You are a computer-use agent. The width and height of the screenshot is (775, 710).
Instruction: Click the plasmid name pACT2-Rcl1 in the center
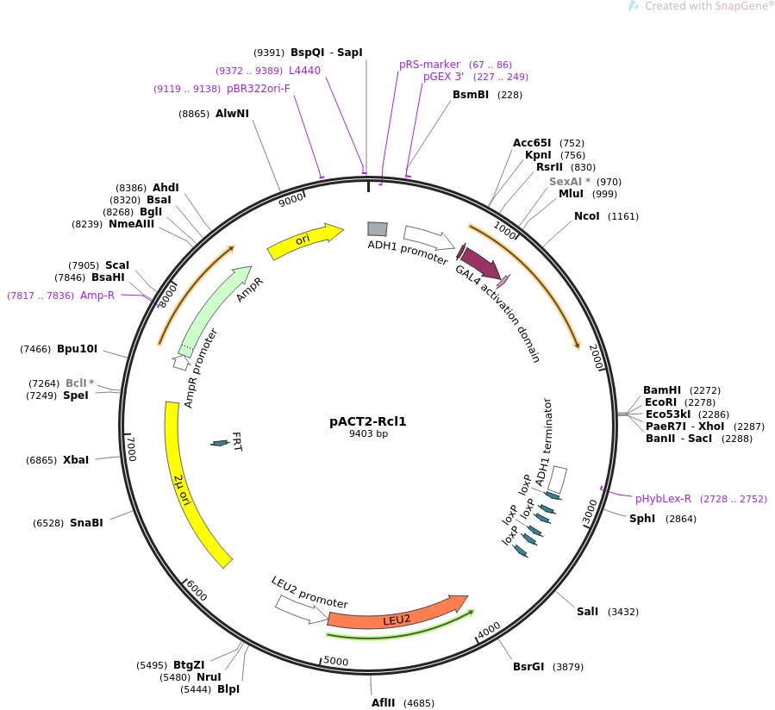click(368, 421)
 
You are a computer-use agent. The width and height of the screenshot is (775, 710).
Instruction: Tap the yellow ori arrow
click(304, 240)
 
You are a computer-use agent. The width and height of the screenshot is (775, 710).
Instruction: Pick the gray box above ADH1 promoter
click(377, 228)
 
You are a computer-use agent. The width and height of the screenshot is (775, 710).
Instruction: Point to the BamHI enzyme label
click(662, 390)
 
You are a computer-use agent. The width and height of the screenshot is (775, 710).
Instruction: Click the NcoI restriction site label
click(587, 216)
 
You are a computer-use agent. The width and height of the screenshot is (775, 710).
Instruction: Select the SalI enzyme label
click(587, 612)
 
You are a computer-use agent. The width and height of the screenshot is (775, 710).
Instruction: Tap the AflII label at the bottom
click(383, 702)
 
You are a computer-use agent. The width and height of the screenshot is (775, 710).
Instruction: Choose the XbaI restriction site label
click(76, 460)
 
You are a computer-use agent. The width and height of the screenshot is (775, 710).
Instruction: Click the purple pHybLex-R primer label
click(663, 499)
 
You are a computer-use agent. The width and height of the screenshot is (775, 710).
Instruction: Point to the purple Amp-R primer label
click(97, 296)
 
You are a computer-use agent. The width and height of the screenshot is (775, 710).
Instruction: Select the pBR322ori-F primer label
click(259, 89)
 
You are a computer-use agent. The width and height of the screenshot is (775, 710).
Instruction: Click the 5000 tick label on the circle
click(336, 662)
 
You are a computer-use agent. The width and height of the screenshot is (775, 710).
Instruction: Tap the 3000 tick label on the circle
click(591, 511)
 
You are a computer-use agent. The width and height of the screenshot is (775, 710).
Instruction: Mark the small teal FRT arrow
click(220, 443)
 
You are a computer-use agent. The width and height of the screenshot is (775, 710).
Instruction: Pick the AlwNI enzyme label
click(232, 114)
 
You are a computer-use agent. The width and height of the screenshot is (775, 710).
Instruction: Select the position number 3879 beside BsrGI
click(568, 667)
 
